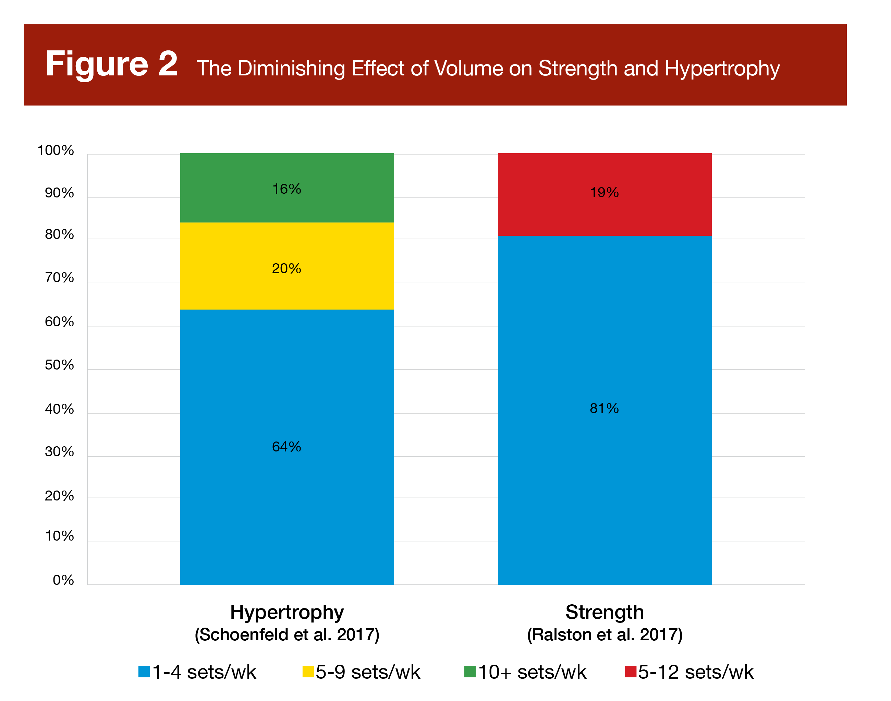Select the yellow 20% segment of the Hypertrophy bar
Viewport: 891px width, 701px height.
(x=287, y=287)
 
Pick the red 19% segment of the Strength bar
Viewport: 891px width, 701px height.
(x=604, y=214)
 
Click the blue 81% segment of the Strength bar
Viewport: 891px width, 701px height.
(x=604, y=472)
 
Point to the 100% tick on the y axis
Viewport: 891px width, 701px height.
(x=56, y=150)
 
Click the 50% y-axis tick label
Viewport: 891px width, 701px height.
(x=60, y=365)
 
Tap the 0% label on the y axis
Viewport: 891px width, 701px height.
(x=63, y=580)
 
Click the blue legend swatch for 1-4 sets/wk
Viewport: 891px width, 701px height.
(x=144, y=672)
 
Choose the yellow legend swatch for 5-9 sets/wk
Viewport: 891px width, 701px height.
(x=308, y=672)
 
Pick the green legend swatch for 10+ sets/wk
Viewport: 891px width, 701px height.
(x=470, y=672)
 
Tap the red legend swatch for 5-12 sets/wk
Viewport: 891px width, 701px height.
(x=630, y=672)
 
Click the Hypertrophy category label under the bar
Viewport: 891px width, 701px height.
(x=287, y=612)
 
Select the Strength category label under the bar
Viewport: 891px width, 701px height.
(x=604, y=612)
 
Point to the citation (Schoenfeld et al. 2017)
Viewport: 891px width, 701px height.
(x=287, y=635)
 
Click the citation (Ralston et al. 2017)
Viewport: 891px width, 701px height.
(x=604, y=635)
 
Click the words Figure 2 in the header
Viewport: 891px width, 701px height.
(x=112, y=64)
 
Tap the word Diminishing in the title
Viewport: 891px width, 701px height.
(x=291, y=69)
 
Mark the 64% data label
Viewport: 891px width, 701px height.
(x=286, y=447)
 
